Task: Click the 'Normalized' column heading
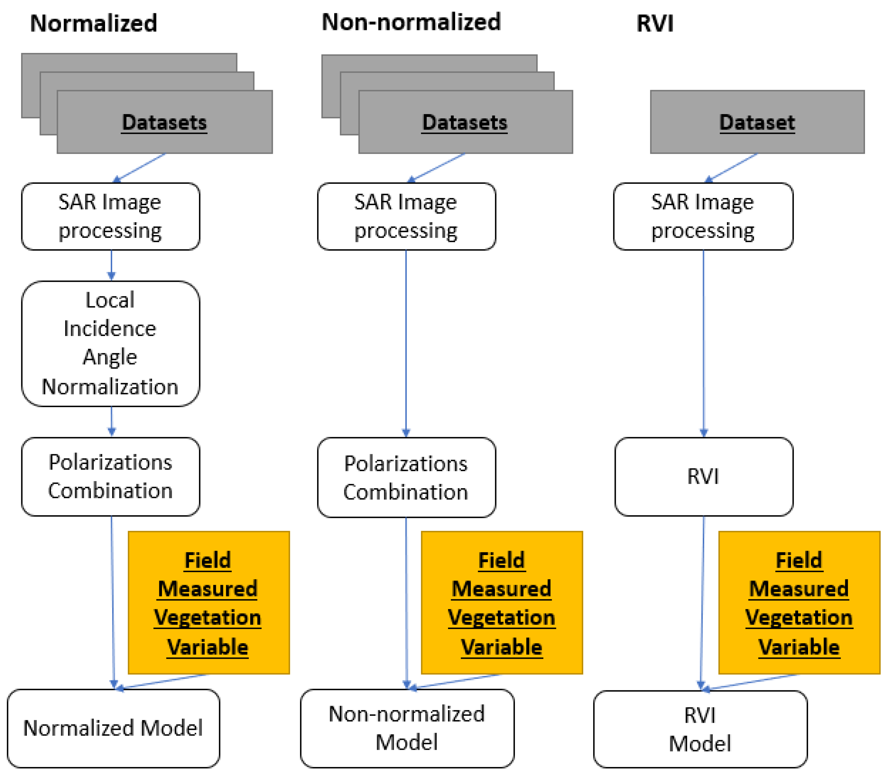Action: [x=93, y=23]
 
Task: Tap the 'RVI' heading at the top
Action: [x=655, y=23]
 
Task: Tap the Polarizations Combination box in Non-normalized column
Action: [x=406, y=477]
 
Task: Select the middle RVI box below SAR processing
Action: [x=703, y=476]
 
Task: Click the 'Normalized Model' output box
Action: [x=113, y=728]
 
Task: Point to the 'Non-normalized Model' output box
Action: [x=407, y=728]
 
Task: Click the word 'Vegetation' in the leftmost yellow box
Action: [x=208, y=617]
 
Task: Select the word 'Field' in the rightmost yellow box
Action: [x=798, y=560]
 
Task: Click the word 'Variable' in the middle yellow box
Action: [x=502, y=646]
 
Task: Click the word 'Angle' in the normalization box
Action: [x=110, y=357]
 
